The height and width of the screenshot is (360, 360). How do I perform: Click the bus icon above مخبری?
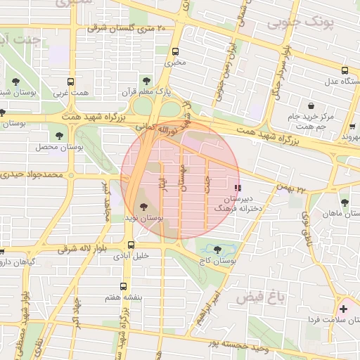[175, 51]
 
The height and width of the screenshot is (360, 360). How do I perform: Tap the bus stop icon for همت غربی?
[70, 82]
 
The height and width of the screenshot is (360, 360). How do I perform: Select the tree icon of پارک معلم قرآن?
[146, 81]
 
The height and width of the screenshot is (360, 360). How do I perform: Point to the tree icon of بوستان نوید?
[144, 207]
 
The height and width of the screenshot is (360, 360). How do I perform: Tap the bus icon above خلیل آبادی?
[131, 245]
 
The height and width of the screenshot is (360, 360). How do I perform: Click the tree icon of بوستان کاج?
[216, 248]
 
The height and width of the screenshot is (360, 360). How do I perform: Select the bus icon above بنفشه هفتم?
[124, 286]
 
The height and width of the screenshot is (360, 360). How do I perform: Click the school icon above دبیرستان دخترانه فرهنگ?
[238, 188]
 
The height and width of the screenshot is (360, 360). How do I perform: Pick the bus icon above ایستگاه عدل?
[345, 70]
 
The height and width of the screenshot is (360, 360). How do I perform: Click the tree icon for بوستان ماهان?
[344, 201]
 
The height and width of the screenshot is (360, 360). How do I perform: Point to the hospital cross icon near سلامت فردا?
[343, 309]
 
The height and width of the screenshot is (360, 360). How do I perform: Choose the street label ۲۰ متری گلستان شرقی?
[126, 29]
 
